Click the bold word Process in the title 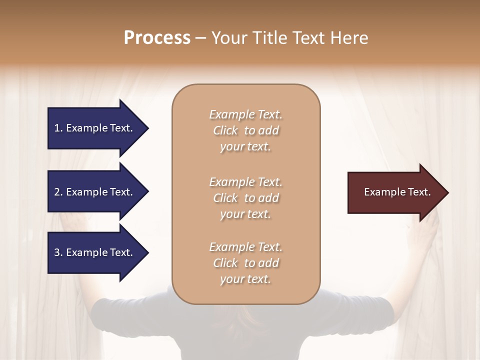coord(157,38)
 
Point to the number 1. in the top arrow coord(58,128)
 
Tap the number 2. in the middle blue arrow coord(58,192)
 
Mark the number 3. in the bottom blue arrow coord(58,252)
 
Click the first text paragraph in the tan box coord(245,130)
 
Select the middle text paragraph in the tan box coord(245,198)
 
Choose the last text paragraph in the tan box coord(245,263)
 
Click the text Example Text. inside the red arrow coord(397,192)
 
